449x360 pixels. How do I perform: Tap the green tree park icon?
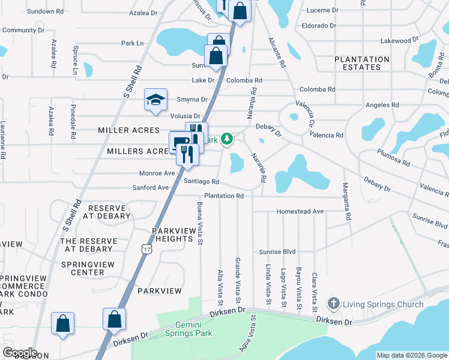click(227, 139)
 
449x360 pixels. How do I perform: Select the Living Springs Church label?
click(384, 304)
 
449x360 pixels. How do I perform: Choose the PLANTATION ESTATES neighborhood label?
click(362, 63)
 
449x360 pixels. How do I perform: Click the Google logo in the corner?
click(20, 353)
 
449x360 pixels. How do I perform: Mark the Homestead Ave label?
click(300, 212)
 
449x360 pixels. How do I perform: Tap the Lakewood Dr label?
click(399, 41)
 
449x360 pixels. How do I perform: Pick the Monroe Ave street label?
click(157, 173)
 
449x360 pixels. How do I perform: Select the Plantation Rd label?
click(223, 196)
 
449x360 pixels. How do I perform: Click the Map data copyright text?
click(412, 355)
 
